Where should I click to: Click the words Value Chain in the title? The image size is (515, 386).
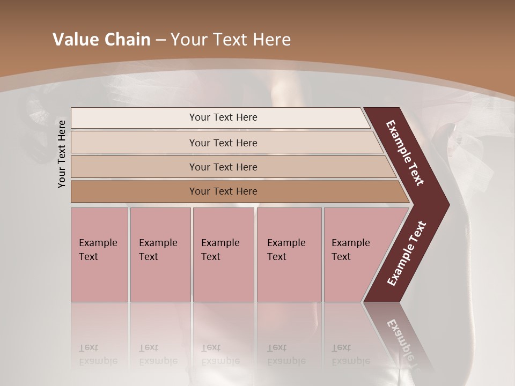(101, 40)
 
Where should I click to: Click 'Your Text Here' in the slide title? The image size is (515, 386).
(231, 40)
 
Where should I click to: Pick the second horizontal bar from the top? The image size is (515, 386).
(223, 143)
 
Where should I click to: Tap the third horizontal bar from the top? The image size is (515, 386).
(223, 167)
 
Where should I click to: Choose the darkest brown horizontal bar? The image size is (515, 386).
(223, 191)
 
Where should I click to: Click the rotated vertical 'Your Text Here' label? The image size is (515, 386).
(62, 154)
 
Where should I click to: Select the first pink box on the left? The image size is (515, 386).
(99, 255)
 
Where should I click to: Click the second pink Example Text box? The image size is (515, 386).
(160, 255)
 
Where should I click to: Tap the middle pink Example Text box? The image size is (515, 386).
(223, 255)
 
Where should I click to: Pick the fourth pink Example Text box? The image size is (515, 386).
(289, 255)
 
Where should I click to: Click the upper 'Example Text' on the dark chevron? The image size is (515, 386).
(405, 153)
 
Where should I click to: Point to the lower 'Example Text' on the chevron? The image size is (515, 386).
(406, 254)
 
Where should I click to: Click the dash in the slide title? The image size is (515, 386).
(160, 40)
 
